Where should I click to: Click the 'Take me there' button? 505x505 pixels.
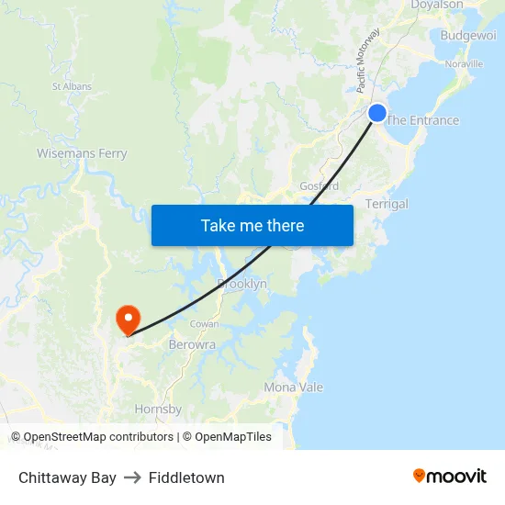(252, 225)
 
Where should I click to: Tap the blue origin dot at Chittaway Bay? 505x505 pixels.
(377, 113)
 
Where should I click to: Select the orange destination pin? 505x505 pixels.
(127, 319)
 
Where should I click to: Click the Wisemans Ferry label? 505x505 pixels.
(82, 153)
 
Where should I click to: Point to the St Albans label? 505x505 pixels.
(72, 86)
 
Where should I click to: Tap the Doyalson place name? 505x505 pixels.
(437, 6)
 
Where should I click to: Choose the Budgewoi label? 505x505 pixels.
(468, 35)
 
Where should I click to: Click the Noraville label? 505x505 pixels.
(464, 64)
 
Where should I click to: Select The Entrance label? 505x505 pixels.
(422, 120)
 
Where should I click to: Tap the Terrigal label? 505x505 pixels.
(387, 204)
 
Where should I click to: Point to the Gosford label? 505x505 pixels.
(320, 185)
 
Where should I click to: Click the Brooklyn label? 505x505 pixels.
(242, 284)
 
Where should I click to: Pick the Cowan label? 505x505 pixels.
(204, 324)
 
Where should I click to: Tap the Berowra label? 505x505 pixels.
(192, 345)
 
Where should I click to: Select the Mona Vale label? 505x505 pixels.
(294, 387)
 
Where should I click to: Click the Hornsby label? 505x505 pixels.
(159, 410)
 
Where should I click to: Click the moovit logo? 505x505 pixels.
(450, 476)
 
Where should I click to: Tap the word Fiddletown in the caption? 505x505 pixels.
(186, 477)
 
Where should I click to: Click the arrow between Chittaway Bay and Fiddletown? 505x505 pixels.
(132, 477)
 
